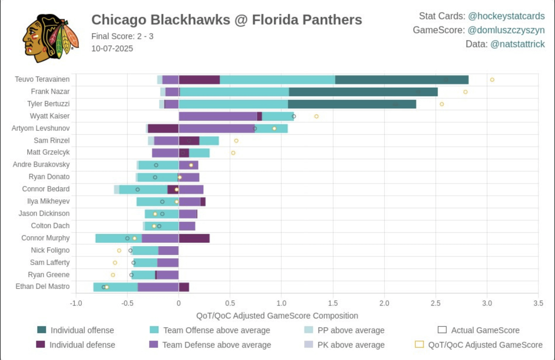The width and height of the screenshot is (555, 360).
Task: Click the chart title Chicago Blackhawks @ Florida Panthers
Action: tap(226, 20)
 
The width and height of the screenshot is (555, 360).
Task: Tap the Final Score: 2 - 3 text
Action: tap(122, 36)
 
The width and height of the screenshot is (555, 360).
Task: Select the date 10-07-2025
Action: tap(112, 48)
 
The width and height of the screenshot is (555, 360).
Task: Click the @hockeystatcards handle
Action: tap(506, 16)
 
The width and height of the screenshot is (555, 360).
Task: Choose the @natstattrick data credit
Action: tap(517, 44)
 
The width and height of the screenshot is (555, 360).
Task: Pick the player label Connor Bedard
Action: tap(46, 189)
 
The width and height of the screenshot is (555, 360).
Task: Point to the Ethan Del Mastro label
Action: tap(43, 286)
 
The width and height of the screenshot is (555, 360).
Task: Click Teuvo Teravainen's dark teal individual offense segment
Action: tap(402, 80)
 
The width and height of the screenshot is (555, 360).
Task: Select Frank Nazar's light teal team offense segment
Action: tap(234, 92)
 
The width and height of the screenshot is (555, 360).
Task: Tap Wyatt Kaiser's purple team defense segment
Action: tap(218, 116)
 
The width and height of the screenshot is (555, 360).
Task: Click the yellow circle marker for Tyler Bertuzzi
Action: tap(442, 104)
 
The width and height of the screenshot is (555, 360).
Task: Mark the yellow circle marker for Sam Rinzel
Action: tap(236, 141)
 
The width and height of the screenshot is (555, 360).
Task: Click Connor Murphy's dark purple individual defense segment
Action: tap(194, 238)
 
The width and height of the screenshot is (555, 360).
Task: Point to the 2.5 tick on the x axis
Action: tap(435, 303)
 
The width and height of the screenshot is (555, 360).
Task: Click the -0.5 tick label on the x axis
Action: tap(127, 303)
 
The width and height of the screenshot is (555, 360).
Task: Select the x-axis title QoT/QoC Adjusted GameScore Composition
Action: tap(277, 316)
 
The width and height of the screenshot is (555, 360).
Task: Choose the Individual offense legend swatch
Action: tap(42, 330)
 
